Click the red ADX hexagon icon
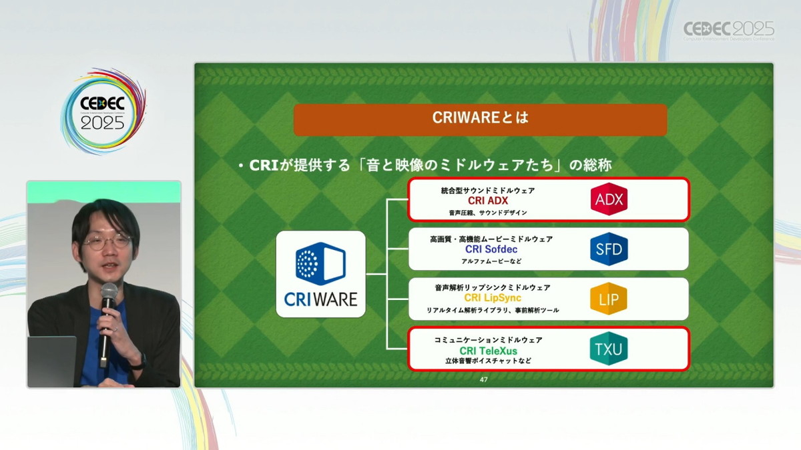click(x=609, y=199)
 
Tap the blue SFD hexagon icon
click(x=609, y=249)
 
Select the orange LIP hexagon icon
click(x=609, y=299)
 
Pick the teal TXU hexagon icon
click(x=609, y=349)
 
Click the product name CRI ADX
click(x=488, y=201)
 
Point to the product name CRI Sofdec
click(x=491, y=249)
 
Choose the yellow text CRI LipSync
click(x=493, y=298)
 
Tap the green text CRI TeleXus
click(x=489, y=351)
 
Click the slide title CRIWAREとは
click(x=480, y=117)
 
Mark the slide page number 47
click(x=483, y=379)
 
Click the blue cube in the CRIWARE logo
click(x=320, y=263)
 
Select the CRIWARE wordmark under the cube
click(x=321, y=299)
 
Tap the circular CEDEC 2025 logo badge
click(x=103, y=112)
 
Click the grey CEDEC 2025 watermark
click(x=729, y=31)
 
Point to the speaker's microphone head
click(x=109, y=292)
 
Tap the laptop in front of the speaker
click(x=52, y=361)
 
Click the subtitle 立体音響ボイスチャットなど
click(x=488, y=361)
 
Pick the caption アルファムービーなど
click(x=491, y=261)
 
